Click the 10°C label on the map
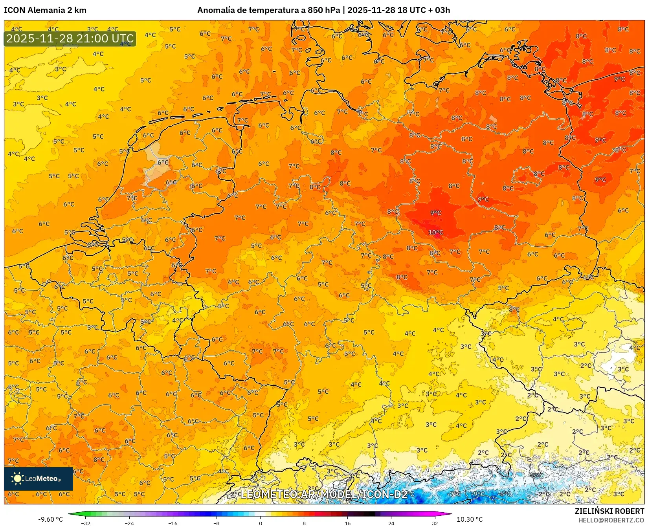pyautogui.click(x=435, y=233)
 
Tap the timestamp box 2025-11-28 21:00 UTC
pyautogui.click(x=70, y=38)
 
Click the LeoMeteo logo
pyautogui.click(x=39, y=478)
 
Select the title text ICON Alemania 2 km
pyautogui.click(x=45, y=10)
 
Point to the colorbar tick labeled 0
pyautogui.click(x=260, y=523)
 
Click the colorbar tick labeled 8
pyautogui.click(x=304, y=523)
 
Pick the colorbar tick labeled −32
pyautogui.click(x=86, y=523)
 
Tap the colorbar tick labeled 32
pyautogui.click(x=435, y=523)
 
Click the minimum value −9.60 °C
pyautogui.click(x=50, y=519)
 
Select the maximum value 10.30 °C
pyautogui.click(x=470, y=519)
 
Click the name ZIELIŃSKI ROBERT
pyautogui.click(x=609, y=511)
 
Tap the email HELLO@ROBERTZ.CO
pyautogui.click(x=611, y=520)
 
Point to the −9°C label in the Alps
pyautogui.click(x=478, y=494)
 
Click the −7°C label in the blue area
pyautogui.click(x=455, y=494)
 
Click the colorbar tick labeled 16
pyautogui.click(x=347, y=523)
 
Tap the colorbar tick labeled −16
pyautogui.click(x=173, y=523)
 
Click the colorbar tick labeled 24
pyautogui.click(x=391, y=523)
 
